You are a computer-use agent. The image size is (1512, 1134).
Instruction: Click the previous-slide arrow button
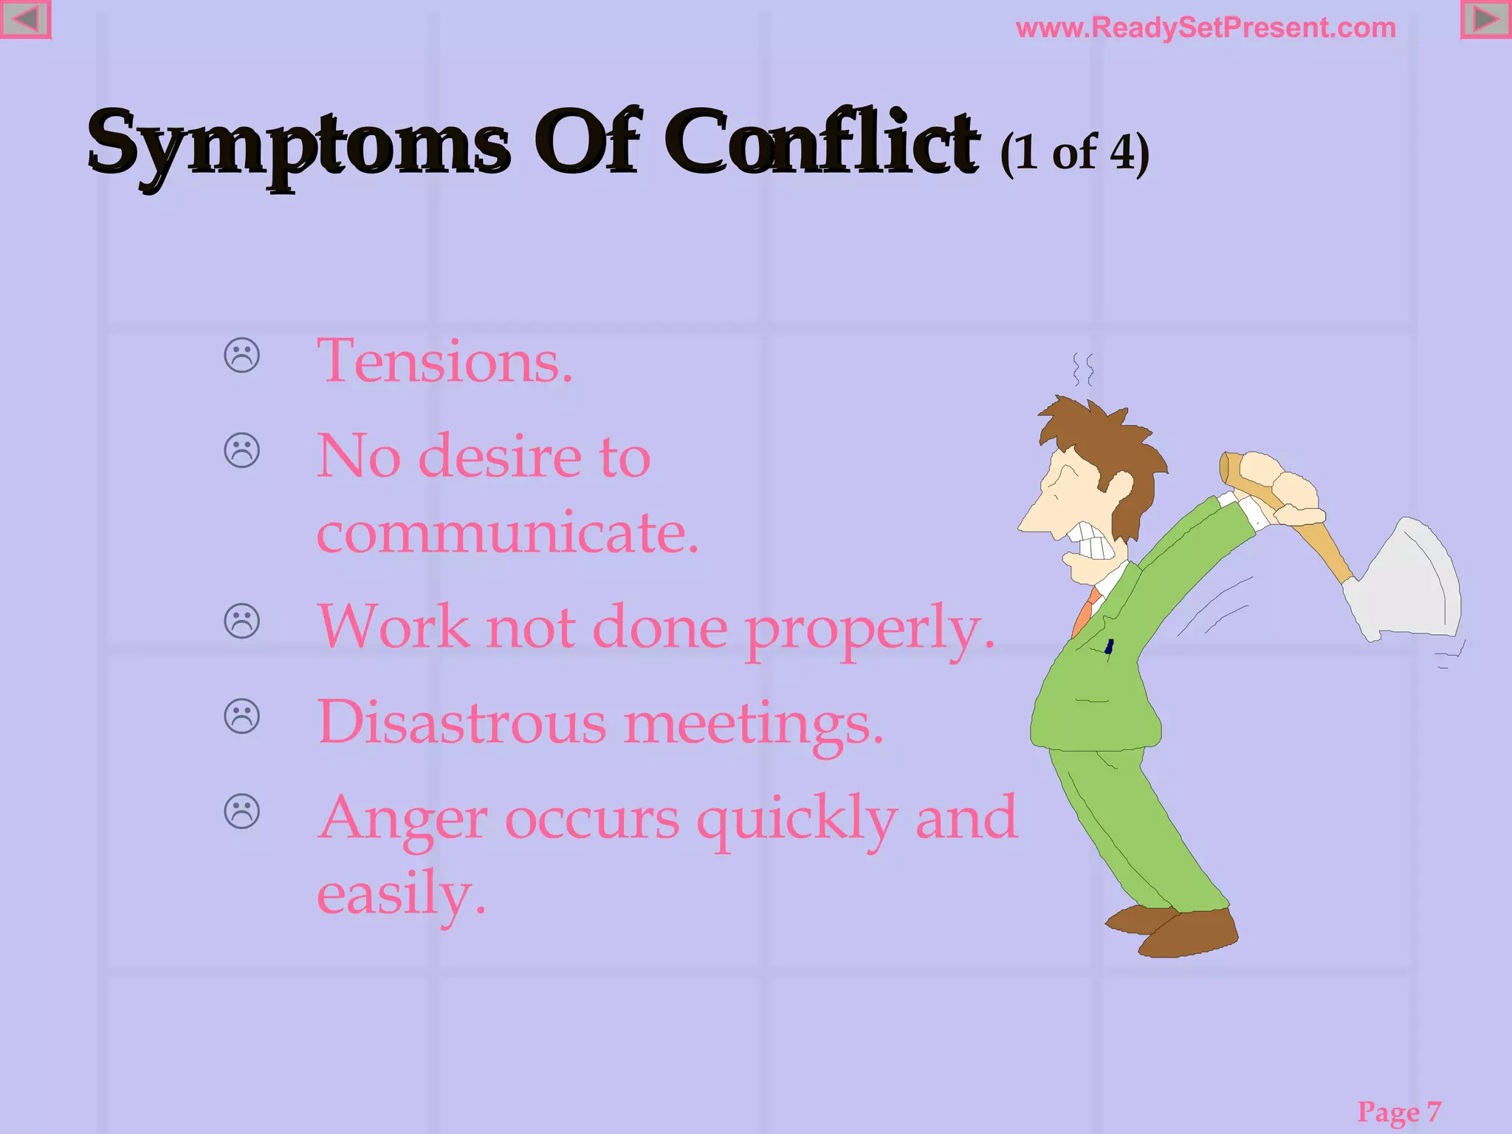(x=25, y=19)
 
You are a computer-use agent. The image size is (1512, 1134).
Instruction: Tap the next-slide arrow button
(x=1485, y=19)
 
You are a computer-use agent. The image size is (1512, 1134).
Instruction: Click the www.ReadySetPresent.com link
(x=1206, y=28)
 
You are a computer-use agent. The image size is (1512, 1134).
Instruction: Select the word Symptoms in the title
(x=298, y=143)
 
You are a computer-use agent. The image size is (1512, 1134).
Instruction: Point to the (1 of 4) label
(x=1074, y=153)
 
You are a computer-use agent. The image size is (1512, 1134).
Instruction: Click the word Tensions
(x=444, y=362)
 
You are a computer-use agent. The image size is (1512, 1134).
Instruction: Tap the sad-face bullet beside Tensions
(x=242, y=355)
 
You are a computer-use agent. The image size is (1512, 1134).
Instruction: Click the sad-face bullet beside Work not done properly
(x=242, y=621)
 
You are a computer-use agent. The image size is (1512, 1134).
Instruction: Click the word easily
(x=401, y=895)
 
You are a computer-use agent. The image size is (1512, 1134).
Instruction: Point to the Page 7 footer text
(x=1399, y=1111)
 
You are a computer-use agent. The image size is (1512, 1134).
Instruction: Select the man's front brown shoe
(x=1189, y=935)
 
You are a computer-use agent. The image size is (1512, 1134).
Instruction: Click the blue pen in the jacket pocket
(x=1109, y=647)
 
